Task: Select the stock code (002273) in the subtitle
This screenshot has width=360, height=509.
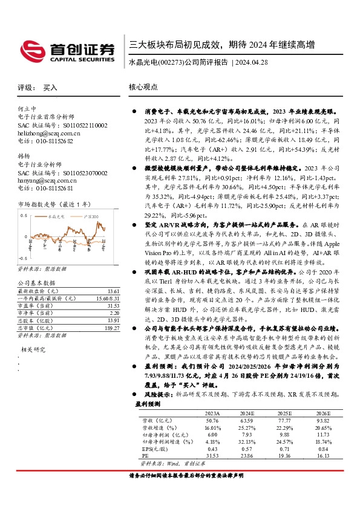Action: [169, 62]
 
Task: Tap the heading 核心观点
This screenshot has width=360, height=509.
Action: [143, 87]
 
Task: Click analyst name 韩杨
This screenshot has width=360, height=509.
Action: [25, 156]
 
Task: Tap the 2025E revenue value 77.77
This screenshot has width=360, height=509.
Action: [284, 421]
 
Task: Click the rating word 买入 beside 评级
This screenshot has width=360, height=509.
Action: [50, 88]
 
